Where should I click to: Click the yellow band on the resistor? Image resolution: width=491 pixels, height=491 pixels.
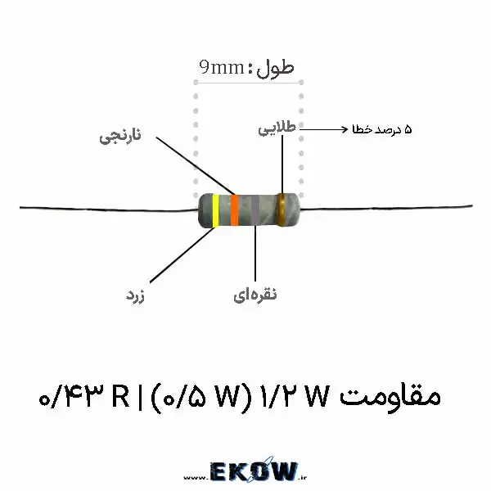coord(215,210)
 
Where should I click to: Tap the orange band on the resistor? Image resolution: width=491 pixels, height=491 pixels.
coord(234,209)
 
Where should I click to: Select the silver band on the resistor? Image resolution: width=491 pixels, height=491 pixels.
coord(255,209)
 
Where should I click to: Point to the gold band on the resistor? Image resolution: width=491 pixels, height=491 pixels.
coord(281,209)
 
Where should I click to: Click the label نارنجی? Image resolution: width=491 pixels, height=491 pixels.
coord(120,136)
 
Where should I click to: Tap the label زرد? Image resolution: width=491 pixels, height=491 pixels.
coord(135,295)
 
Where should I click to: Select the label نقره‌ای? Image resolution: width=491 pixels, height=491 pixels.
coord(255,295)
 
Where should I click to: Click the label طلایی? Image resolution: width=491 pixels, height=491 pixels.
coord(277,128)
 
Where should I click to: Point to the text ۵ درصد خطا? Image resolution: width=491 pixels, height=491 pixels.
coord(381,129)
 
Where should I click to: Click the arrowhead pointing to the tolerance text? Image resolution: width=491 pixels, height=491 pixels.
coord(345,129)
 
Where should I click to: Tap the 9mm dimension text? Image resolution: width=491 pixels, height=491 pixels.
coord(222,67)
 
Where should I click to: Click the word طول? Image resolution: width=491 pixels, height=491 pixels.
coord(275,69)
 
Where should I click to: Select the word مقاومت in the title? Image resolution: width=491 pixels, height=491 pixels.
coord(390,396)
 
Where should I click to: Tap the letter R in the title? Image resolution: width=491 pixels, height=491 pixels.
coord(120,396)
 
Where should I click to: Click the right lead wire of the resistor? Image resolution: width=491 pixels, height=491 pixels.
coord(385,207)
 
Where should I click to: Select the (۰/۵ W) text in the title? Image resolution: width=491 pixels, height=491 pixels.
coord(201,397)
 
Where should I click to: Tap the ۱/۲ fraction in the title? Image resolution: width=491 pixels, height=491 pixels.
coord(278,396)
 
